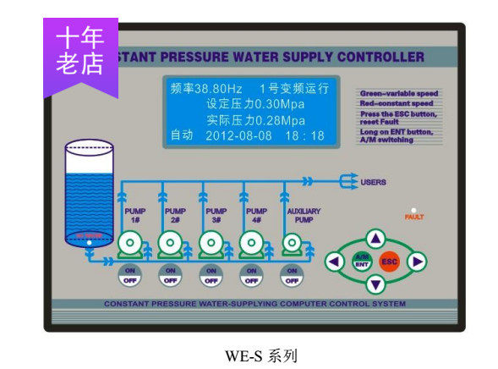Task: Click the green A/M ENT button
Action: point(362,261)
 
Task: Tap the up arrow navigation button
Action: point(376,240)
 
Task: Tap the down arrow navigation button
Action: point(376,284)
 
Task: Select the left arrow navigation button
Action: point(335,262)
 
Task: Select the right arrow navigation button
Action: point(417,262)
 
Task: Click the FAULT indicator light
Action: point(413,209)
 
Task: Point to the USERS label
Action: point(373,182)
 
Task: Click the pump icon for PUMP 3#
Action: point(211,245)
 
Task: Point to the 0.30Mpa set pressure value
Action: point(276,103)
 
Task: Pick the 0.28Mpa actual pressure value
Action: point(276,119)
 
